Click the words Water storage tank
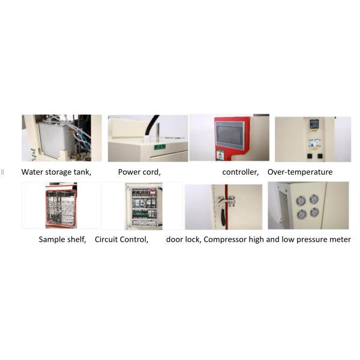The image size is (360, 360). pos(56,172)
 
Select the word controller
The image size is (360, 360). pos(240,172)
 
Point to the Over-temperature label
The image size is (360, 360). pos(300,172)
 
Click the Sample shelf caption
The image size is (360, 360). pos(62,239)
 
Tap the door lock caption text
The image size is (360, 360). pos(185,239)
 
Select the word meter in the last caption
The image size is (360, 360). pos(339,239)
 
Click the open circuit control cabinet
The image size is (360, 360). pos(142,207)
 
